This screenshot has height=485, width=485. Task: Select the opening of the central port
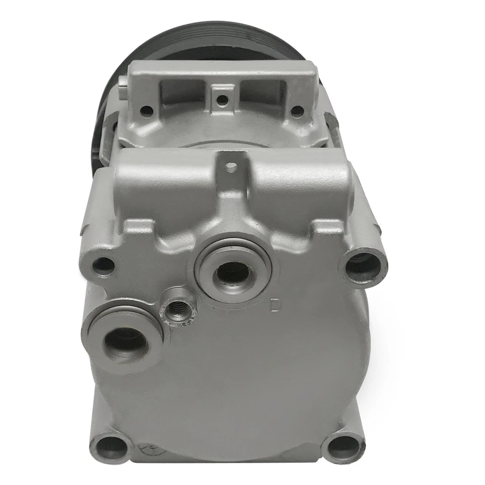click(x=229, y=276)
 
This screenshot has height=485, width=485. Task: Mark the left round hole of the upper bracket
click(x=147, y=108)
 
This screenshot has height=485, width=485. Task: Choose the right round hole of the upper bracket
click(x=297, y=109)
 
